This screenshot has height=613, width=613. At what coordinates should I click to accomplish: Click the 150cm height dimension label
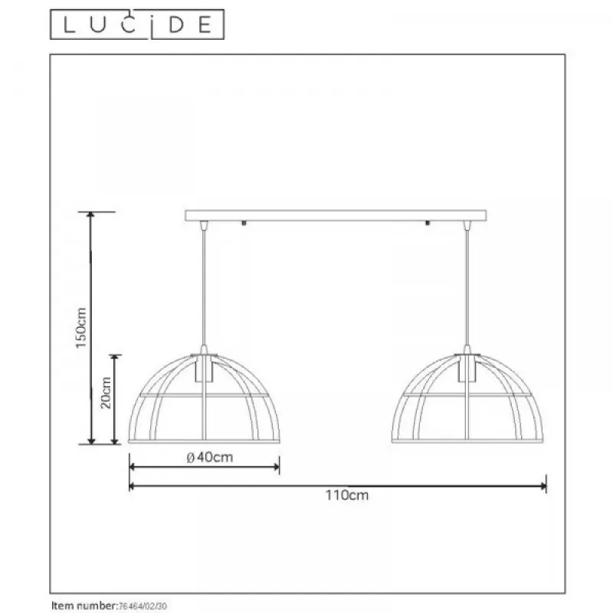pyautogui.click(x=81, y=328)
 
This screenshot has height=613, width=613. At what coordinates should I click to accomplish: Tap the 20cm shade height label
pyautogui.click(x=106, y=393)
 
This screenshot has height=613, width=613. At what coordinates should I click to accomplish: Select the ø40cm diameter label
pyautogui.click(x=210, y=457)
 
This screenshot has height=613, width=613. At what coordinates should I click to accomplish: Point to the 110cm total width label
pyautogui.click(x=347, y=495)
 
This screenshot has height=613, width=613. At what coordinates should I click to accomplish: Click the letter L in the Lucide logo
pyautogui.click(x=69, y=25)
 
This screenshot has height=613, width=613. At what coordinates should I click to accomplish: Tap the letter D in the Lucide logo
pyautogui.click(x=177, y=25)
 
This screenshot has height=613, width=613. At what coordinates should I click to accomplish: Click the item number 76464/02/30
pyautogui.click(x=143, y=606)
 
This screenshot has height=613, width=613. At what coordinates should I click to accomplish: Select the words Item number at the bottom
pyautogui.click(x=84, y=605)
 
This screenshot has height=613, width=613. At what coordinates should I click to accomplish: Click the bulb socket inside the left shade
pyautogui.click(x=204, y=369)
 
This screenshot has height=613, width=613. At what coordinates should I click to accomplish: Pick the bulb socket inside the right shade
pyautogui.click(x=467, y=369)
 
